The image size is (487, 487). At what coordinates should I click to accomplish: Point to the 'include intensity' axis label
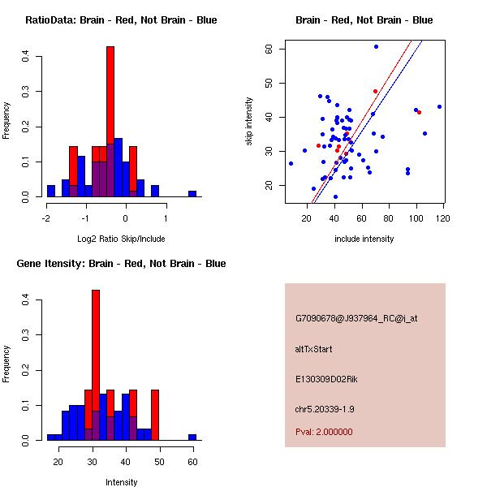pos(364,239)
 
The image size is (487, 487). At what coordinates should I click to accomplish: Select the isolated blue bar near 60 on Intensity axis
pos(192,437)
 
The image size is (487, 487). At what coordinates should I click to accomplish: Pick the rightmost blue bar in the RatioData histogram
pos(192,193)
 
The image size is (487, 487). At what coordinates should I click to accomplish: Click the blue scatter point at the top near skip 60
pos(376,46)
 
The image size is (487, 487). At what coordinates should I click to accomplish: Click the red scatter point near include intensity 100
pos(419,112)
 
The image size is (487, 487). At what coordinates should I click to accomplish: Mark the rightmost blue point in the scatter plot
pos(439,106)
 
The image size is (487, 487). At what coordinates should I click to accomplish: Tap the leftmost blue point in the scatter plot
pos(291,163)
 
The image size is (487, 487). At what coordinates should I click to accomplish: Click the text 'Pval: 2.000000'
pos(324,432)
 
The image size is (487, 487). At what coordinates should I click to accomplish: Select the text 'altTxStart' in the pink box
pos(314,349)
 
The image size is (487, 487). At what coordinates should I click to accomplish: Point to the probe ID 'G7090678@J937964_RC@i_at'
pos(356,319)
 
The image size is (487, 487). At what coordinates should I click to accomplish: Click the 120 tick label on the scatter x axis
pos(443,218)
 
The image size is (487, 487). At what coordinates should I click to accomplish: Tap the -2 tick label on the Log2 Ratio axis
pos(46,218)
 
